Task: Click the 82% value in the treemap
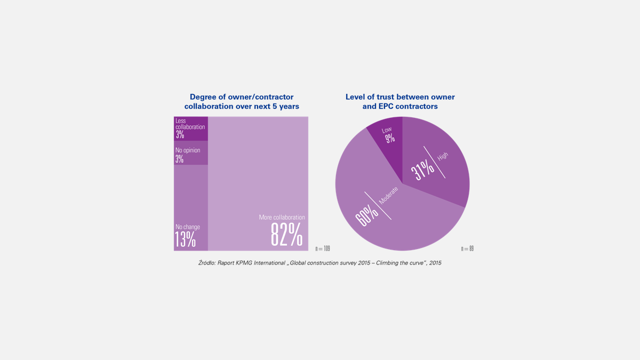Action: click(286, 235)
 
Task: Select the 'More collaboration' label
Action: click(282, 218)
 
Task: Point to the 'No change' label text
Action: click(188, 227)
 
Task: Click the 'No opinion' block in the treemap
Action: click(190, 154)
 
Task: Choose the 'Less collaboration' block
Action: click(190, 129)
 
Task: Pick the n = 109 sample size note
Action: click(323, 249)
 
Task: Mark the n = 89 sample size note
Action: click(467, 249)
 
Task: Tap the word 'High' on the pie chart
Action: click(443, 157)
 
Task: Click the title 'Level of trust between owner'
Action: click(400, 97)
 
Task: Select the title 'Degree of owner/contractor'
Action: click(242, 97)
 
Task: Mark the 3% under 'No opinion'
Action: click(180, 159)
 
